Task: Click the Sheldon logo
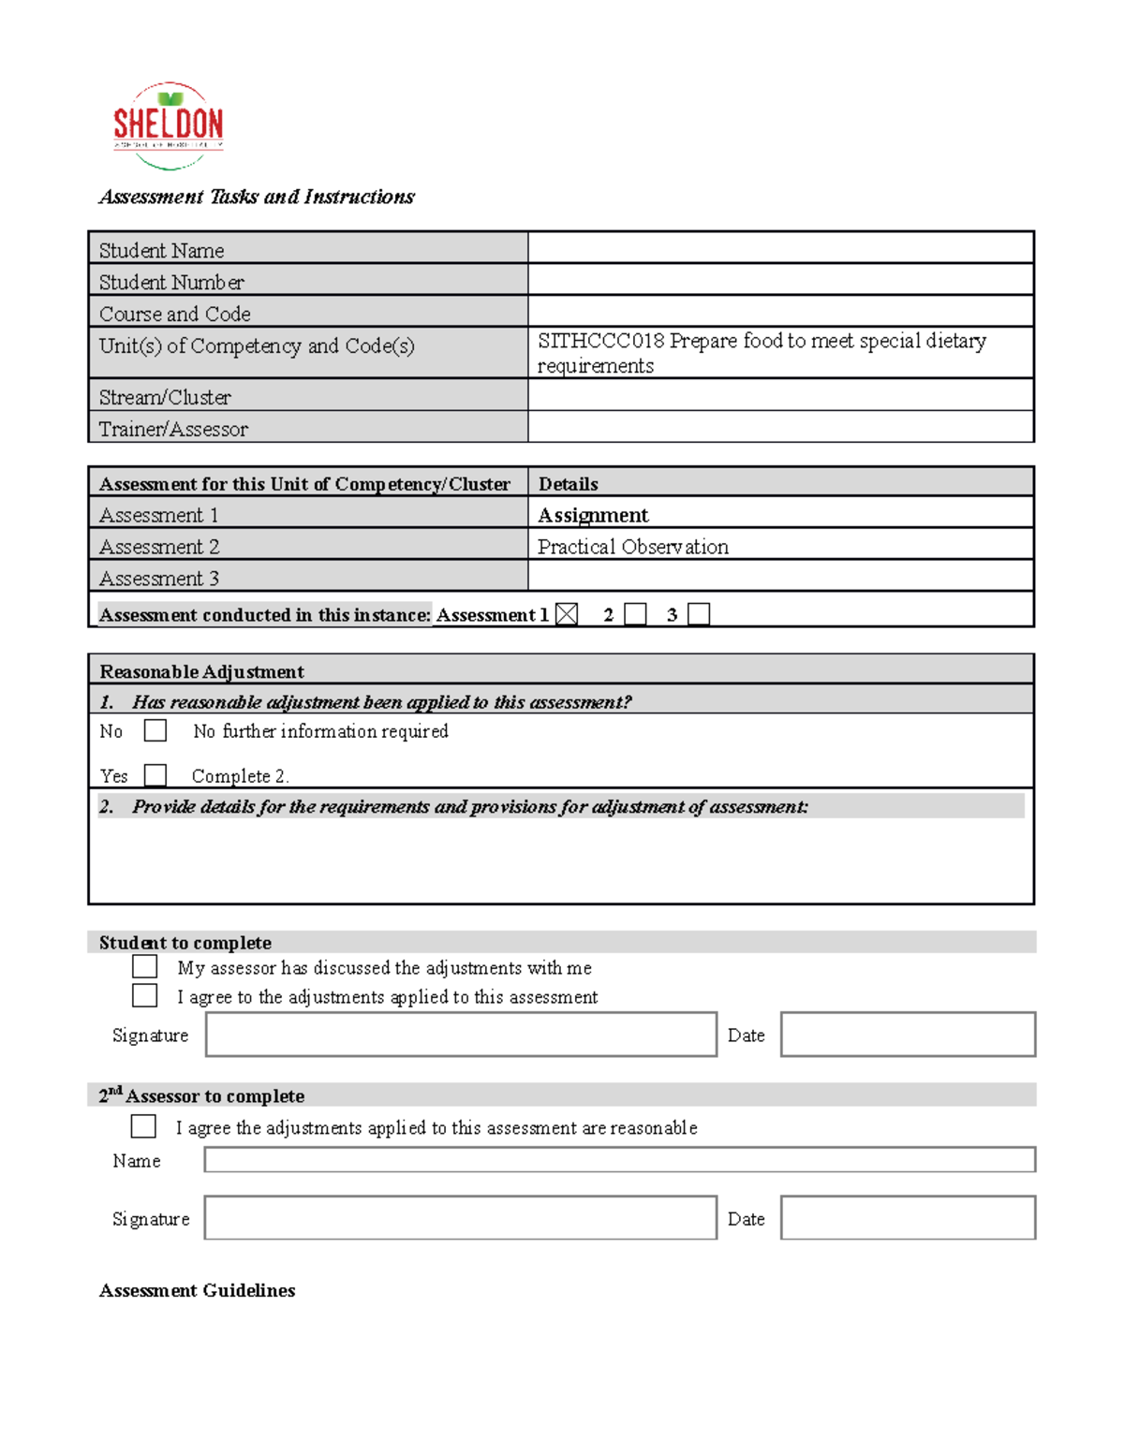(168, 125)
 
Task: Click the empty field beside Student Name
(780, 248)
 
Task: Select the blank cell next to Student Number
(780, 280)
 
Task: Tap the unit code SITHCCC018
(600, 341)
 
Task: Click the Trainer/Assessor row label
(173, 429)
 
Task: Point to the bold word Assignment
(593, 515)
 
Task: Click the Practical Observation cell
(633, 547)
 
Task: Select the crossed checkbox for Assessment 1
(567, 614)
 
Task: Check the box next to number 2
(636, 614)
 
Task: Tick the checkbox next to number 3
(699, 614)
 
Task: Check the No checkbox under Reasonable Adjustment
(155, 730)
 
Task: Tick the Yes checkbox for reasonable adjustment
(155, 775)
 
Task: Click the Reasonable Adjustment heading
(201, 671)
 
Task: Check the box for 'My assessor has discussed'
(145, 966)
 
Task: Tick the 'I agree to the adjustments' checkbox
(145, 995)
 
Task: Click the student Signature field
(461, 1035)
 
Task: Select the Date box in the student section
(908, 1035)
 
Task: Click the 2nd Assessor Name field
(619, 1160)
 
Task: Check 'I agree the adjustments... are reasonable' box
(144, 1126)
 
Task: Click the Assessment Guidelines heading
(197, 1290)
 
